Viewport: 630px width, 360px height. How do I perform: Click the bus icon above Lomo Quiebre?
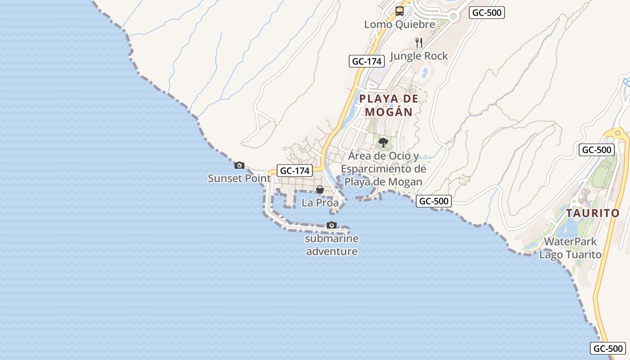[x=400, y=11]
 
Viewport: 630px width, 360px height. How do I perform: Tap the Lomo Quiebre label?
[x=400, y=24]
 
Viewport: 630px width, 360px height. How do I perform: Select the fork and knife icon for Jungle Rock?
[x=419, y=43]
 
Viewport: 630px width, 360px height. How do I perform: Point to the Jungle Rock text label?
[x=419, y=56]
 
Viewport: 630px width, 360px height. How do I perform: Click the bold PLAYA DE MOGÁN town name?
[x=389, y=105]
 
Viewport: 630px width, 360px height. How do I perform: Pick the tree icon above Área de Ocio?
[x=383, y=143]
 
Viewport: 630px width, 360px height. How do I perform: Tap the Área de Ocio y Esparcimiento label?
[x=383, y=169]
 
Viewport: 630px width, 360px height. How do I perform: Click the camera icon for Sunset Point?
[x=239, y=165]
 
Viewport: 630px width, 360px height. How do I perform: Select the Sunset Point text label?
[x=239, y=178]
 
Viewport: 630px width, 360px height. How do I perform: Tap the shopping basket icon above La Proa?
[x=320, y=189]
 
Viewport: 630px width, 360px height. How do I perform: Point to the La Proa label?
[x=320, y=202]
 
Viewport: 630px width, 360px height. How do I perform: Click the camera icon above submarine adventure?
[x=332, y=225]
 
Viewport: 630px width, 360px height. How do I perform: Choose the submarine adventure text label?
[x=332, y=245]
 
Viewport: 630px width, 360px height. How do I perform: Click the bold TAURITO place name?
[x=593, y=213]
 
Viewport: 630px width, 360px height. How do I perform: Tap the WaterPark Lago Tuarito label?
[x=571, y=248]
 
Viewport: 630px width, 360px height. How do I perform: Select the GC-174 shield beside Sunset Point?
[x=295, y=171]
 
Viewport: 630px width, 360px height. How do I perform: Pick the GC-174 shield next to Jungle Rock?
[x=367, y=61]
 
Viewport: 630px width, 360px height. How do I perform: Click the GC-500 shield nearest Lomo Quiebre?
[x=486, y=13]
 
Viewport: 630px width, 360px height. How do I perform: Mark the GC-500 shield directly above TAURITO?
[x=597, y=150]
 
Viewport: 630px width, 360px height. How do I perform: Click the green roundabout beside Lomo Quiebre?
[x=453, y=16]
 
